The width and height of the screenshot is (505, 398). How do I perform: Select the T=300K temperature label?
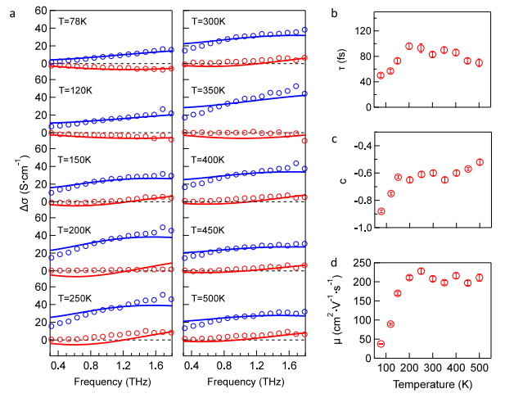(208, 21)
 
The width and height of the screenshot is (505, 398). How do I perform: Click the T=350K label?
(208, 90)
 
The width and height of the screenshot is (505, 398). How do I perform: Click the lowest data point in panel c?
(381, 211)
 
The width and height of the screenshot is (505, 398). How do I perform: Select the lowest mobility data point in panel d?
(381, 344)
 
